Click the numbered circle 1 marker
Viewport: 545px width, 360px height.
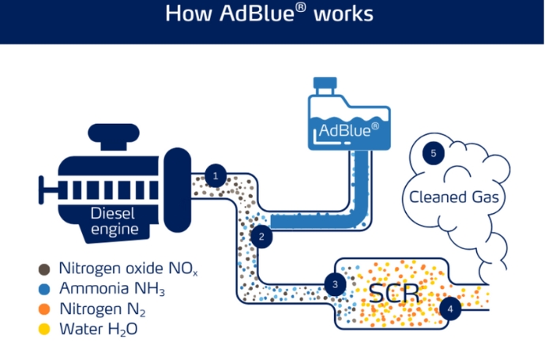point(215,175)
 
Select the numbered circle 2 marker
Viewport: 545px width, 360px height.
point(261,235)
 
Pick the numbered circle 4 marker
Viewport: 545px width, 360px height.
point(450,309)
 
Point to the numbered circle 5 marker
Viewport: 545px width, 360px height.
point(433,154)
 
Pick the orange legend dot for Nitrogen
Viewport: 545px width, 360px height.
point(45,307)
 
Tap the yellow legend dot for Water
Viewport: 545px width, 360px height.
point(45,327)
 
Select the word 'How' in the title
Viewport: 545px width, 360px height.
point(186,14)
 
